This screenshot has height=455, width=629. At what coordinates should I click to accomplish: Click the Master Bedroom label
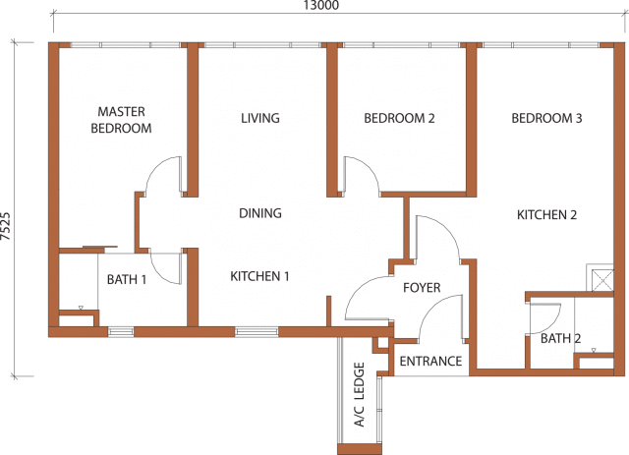(x=121, y=120)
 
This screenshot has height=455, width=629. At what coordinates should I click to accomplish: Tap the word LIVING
(x=260, y=118)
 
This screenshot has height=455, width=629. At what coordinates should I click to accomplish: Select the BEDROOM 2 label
(x=399, y=118)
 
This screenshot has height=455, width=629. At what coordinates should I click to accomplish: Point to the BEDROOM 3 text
(x=546, y=118)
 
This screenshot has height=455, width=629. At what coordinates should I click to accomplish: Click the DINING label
(x=260, y=213)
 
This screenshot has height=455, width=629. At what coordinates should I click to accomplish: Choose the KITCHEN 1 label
(x=259, y=276)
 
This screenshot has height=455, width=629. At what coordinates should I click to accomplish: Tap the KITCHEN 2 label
(x=546, y=214)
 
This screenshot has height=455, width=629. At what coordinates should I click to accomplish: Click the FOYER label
(x=422, y=287)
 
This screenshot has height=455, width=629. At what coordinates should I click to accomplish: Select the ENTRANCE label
(x=430, y=361)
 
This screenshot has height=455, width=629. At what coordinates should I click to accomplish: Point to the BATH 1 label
(x=127, y=279)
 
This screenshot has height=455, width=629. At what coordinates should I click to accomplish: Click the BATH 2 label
(x=561, y=338)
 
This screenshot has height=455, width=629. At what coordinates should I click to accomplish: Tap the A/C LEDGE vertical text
(x=360, y=395)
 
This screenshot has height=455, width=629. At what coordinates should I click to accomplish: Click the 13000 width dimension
(x=321, y=5)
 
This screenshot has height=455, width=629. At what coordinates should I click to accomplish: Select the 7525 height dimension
(x=6, y=226)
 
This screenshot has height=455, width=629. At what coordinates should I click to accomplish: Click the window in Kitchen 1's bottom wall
(x=257, y=332)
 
